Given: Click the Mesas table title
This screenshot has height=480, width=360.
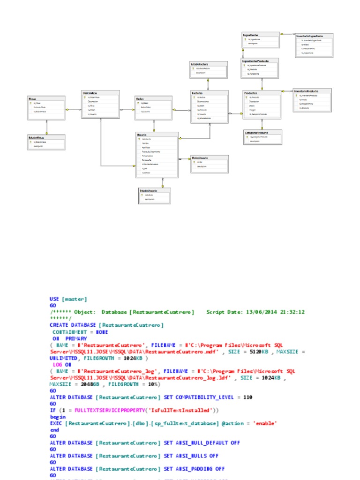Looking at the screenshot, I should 32,99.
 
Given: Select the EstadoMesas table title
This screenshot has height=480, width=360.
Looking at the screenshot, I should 37,137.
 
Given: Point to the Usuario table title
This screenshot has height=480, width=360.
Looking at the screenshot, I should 142,135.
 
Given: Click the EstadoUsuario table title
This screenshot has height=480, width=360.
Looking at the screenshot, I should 148,191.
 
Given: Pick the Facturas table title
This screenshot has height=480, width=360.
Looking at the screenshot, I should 197,93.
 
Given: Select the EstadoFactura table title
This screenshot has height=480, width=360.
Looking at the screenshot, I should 200,63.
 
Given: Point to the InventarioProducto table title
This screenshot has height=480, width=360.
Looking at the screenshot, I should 307,90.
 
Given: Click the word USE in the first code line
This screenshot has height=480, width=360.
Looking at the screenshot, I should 54,299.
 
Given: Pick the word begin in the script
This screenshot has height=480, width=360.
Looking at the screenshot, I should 58,417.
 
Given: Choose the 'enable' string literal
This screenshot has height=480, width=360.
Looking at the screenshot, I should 264,423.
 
